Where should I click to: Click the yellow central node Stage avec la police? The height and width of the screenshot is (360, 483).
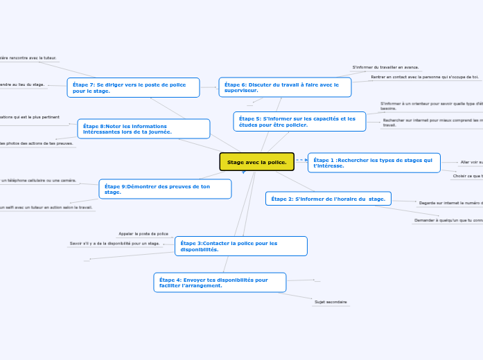click(256, 162)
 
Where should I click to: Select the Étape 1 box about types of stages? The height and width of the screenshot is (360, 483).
click(374, 163)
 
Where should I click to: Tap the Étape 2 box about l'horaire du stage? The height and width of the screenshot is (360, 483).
click(328, 199)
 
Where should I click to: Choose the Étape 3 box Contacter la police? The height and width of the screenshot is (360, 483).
click(240, 246)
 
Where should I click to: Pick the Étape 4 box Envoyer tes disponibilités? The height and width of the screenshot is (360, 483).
click(219, 282)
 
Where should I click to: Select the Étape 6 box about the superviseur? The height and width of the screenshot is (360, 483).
click(285, 87)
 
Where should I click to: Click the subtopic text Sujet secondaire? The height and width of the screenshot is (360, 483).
click(331, 303)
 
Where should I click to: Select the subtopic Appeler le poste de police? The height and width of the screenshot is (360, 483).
click(143, 234)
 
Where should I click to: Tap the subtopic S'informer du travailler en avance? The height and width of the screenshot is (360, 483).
click(385, 67)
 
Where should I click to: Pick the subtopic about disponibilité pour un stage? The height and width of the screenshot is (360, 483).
click(115, 244)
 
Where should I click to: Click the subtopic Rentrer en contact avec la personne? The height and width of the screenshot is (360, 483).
click(424, 77)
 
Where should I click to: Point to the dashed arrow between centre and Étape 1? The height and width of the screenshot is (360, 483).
click(301, 161)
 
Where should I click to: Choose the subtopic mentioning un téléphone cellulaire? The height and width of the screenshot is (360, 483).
click(39, 180)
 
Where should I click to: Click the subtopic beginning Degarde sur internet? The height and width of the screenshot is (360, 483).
click(450, 203)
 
